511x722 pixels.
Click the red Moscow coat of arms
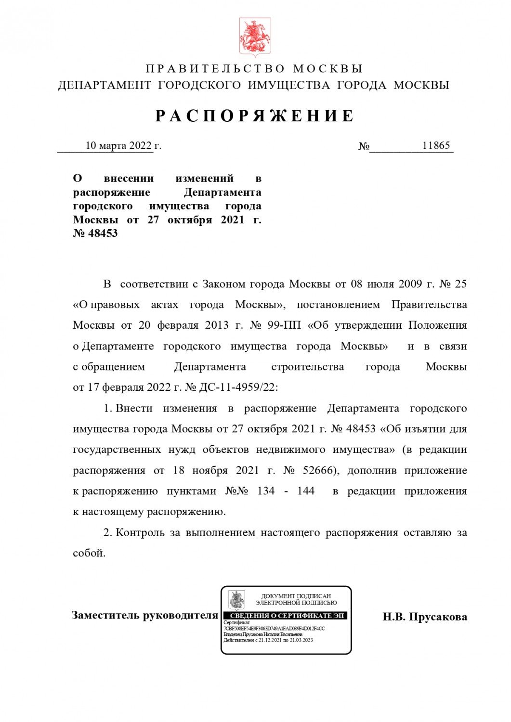255,38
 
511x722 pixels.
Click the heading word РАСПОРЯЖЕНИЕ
255,116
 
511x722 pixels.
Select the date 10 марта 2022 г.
123,145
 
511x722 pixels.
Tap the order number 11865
435,145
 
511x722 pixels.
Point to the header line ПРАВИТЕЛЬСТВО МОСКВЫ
254,69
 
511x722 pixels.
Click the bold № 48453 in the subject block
95,233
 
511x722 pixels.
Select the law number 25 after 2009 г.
460,284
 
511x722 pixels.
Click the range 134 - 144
286,491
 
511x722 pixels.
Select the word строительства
307,367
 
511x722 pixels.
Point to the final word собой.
89,553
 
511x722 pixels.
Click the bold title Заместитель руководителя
144,615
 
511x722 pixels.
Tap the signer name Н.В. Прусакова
424,617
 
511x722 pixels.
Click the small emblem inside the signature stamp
236,600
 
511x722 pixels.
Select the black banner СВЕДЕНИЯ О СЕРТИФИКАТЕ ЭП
287,616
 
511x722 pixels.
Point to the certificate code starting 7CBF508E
274,628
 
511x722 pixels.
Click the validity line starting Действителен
268,640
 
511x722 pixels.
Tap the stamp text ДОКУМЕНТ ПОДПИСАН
296,596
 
